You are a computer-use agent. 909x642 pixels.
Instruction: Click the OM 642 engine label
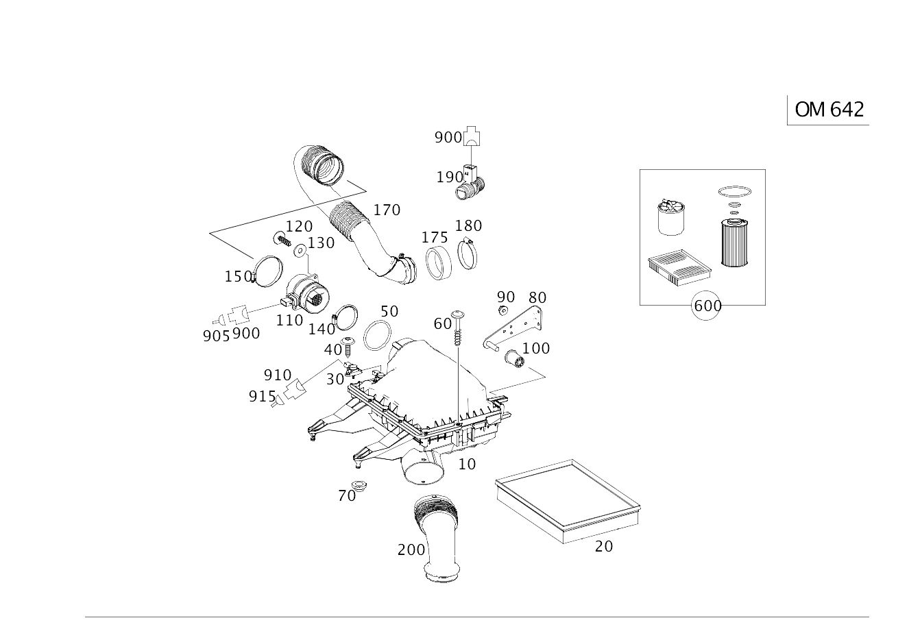coord(829,110)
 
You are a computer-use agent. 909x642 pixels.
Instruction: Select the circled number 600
coord(706,306)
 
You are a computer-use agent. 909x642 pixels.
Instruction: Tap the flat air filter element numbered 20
coord(568,501)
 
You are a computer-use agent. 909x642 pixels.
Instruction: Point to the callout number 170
coord(387,210)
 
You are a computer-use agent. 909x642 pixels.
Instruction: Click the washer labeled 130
coord(300,251)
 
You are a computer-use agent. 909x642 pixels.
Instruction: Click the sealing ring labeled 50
coord(378,335)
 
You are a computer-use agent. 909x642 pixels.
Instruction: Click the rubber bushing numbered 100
coord(515,359)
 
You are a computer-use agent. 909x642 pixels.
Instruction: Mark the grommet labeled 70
coord(359,485)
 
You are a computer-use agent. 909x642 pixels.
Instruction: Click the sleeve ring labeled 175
coord(438,263)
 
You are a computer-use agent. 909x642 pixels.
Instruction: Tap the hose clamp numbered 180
coord(467,254)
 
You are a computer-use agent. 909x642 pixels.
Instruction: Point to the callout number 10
coord(467,464)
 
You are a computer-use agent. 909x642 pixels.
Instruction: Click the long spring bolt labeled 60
coord(457,328)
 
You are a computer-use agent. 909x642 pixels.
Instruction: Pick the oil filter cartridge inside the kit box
coord(734,242)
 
